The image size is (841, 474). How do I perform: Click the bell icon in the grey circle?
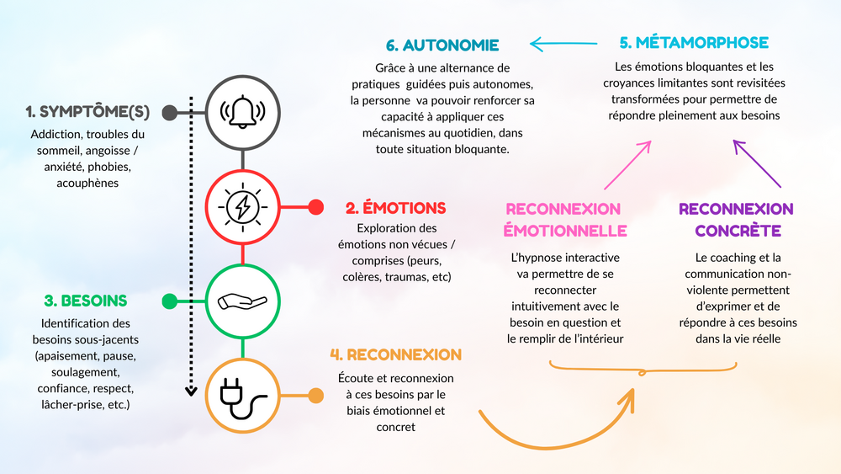[x=242, y=112]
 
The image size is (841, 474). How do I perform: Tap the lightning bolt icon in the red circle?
[x=242, y=207]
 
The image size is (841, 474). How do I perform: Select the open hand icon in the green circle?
[x=242, y=301]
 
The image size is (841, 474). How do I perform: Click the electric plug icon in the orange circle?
[x=242, y=397]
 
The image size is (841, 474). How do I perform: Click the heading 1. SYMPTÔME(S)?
[x=88, y=112]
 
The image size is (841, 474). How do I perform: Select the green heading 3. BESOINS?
[x=86, y=301]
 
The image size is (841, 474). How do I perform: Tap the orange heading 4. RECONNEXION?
[x=396, y=354]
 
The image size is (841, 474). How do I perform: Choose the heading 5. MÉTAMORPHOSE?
[x=694, y=42]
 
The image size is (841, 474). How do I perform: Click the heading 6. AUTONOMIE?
[x=442, y=45]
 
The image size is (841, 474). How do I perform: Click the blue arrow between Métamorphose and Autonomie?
[x=563, y=44]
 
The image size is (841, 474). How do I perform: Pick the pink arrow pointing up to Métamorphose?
[x=627, y=165]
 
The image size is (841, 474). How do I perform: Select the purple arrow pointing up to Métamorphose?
[x=757, y=163]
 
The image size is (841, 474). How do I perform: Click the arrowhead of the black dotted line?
[x=191, y=391]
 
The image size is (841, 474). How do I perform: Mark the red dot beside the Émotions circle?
[x=316, y=207]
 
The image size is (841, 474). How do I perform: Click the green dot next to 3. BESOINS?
[x=170, y=301]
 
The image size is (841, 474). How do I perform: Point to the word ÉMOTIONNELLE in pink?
[x=565, y=231]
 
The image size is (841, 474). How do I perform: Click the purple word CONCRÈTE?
[x=738, y=231]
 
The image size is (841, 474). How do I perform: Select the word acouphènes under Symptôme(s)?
[x=87, y=183]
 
